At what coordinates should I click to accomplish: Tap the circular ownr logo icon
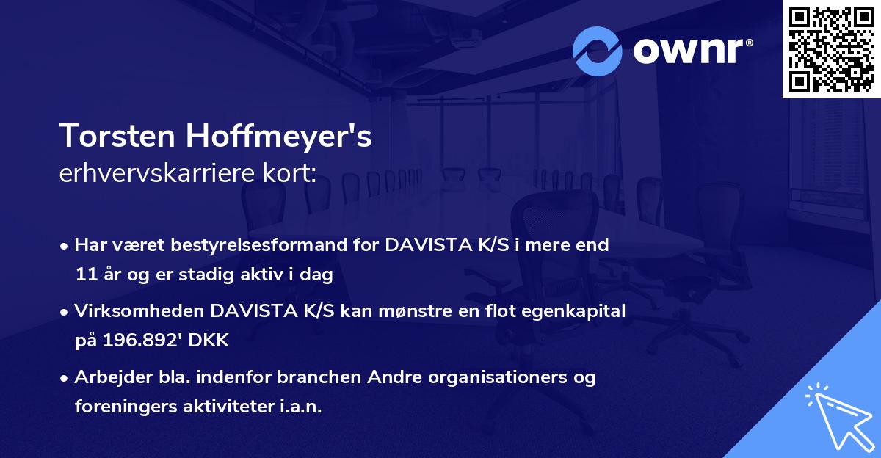coord(597,51)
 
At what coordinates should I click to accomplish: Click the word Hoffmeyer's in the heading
coord(278,137)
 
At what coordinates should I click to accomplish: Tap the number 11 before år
coord(87,275)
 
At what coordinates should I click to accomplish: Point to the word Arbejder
coord(107,377)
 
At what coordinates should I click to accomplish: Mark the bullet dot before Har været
coord(65,246)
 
